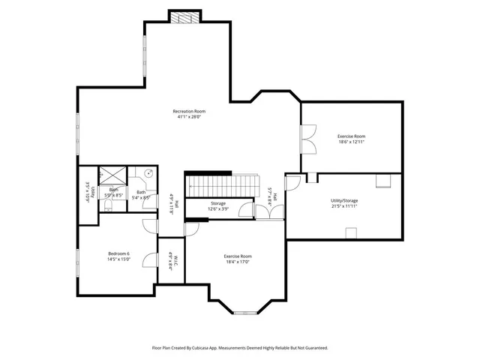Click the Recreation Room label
[x=189, y=110]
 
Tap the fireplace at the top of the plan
[x=185, y=17]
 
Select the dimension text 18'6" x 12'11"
[x=351, y=142]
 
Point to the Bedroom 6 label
[x=118, y=253]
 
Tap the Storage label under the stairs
[x=217, y=203]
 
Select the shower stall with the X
[x=112, y=175]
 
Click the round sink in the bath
[x=148, y=172]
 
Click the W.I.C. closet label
[x=172, y=260]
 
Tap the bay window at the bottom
[x=244, y=311]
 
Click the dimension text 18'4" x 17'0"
[x=237, y=262]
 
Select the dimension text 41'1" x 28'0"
[x=189, y=116]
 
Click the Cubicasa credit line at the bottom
[x=240, y=348]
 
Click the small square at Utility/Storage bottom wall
[x=350, y=232]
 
